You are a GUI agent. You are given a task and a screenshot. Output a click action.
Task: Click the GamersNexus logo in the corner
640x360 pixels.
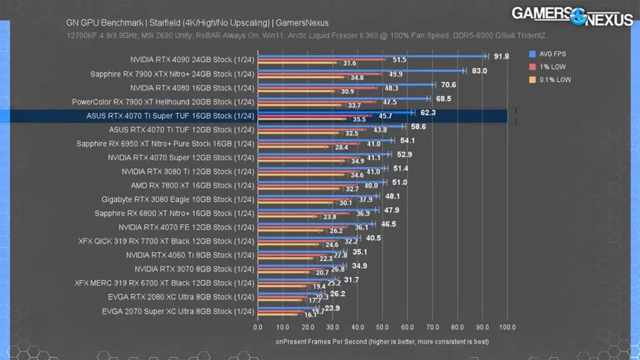(x=572, y=16)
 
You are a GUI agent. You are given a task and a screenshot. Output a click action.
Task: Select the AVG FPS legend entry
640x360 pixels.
(x=551, y=54)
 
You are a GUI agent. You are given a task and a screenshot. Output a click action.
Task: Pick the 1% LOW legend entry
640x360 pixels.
(x=549, y=67)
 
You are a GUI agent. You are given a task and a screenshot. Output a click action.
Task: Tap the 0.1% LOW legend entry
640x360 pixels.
(x=552, y=79)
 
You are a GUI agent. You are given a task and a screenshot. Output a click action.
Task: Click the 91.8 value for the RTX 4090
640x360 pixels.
(x=501, y=56)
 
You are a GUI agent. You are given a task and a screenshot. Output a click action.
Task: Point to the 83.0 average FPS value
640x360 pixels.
(x=479, y=71)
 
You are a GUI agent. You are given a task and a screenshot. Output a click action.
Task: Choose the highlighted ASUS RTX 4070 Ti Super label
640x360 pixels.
(x=170, y=116)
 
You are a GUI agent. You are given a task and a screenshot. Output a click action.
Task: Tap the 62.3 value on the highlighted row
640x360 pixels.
(x=428, y=112)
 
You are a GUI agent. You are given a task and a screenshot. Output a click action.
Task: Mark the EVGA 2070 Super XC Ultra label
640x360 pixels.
(x=177, y=311)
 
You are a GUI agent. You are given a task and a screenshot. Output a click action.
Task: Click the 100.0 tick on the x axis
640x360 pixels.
(x=507, y=327)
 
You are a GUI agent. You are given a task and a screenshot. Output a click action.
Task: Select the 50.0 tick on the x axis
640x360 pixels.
(x=382, y=327)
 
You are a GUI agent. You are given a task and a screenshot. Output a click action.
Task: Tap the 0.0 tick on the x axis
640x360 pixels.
(x=258, y=327)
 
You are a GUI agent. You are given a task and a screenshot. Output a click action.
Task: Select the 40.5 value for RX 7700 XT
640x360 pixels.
(x=374, y=238)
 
